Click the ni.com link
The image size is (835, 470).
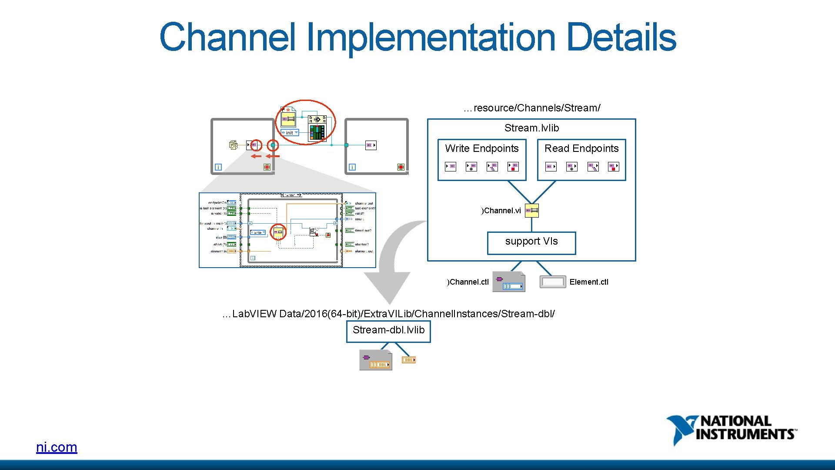point(57,447)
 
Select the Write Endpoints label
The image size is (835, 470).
point(481,148)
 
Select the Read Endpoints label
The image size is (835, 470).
point(581,148)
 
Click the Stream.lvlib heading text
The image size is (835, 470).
point(531,128)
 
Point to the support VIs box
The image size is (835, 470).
point(531,242)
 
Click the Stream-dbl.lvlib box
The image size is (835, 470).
point(388,331)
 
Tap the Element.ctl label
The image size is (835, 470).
point(589,282)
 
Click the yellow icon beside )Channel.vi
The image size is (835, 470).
point(532,211)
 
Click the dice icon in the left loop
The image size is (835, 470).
point(234,145)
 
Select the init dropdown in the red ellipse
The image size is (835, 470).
point(290,133)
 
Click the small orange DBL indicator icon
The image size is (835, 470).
point(409,360)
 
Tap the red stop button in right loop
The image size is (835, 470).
point(401,167)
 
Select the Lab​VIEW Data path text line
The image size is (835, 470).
point(388,314)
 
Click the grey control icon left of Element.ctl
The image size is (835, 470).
point(553,282)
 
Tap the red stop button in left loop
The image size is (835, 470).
point(267,167)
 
